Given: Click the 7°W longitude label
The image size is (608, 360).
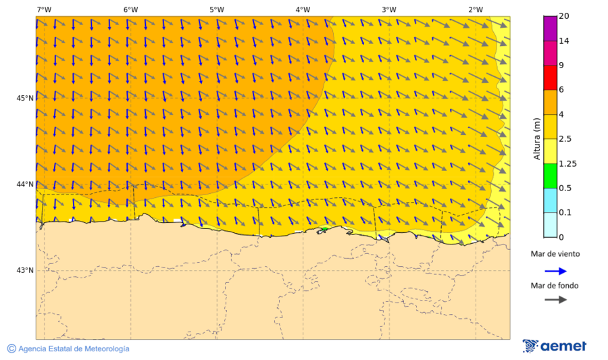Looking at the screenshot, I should (44, 9).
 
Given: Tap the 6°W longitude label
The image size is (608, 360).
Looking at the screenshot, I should (130, 9).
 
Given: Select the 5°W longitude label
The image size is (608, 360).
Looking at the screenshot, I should (216, 9).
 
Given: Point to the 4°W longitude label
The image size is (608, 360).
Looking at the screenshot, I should (303, 9).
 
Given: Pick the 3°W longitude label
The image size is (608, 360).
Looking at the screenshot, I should (388, 9).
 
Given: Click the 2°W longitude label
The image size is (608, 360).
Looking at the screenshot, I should (475, 9).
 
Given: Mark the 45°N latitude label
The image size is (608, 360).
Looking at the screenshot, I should (25, 98).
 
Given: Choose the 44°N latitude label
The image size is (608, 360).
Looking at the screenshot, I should (25, 184).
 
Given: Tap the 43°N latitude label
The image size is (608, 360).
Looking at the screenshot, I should (25, 270).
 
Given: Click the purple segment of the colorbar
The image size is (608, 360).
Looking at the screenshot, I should (550, 28).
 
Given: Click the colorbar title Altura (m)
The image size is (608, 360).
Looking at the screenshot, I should (538, 138).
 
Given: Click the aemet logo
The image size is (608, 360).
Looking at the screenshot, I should (555, 346).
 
